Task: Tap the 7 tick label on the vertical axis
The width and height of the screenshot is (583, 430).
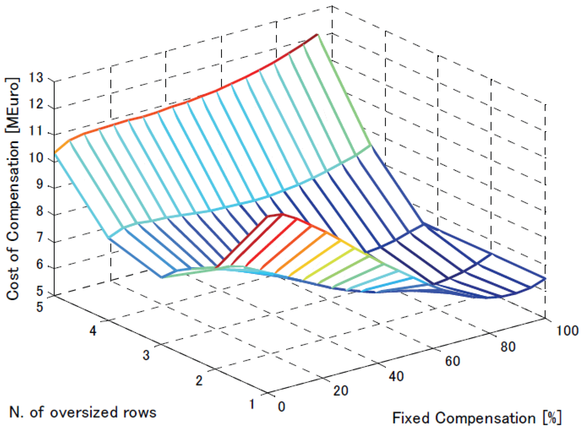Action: [x=40, y=238]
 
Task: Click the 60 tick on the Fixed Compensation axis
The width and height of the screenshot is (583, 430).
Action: [x=452, y=361]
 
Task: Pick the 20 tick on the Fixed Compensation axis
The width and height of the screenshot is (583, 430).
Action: [x=340, y=391]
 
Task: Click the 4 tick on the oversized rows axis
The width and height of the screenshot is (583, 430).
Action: [x=93, y=331]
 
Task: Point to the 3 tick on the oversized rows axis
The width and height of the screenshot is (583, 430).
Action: [x=146, y=355]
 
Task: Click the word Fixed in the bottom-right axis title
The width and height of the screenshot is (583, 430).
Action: [x=411, y=418]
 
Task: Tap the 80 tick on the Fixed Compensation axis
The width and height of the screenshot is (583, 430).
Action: [x=508, y=347]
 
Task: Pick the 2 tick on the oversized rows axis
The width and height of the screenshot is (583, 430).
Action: [x=199, y=381]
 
